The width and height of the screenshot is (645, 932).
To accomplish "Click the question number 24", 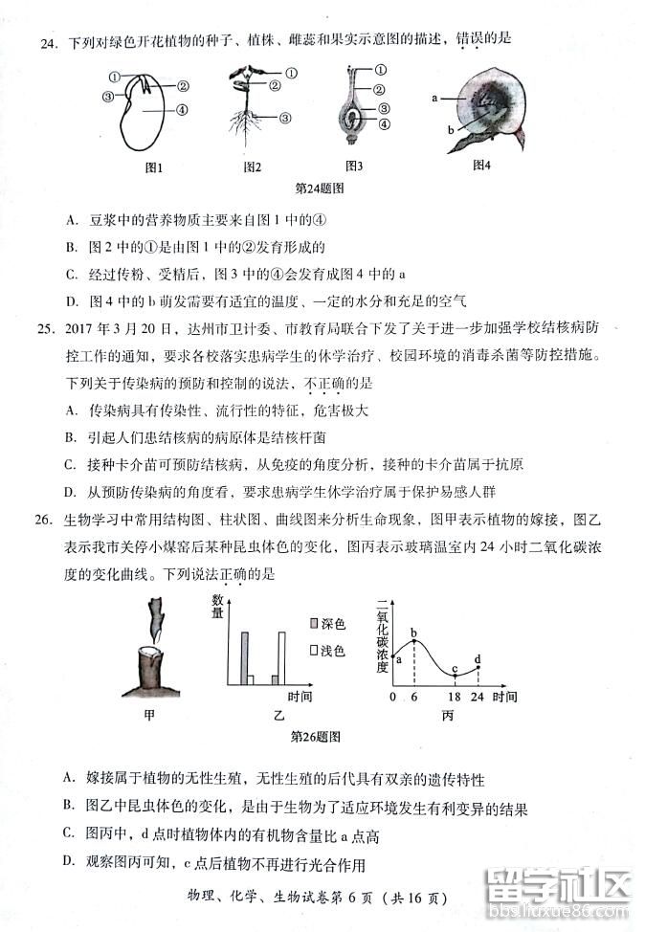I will (x=46, y=39).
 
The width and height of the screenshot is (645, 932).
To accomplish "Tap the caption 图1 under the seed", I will (x=153, y=166).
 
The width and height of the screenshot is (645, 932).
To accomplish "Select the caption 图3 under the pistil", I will (x=353, y=166).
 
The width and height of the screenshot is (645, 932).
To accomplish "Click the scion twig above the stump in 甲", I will (x=156, y=622).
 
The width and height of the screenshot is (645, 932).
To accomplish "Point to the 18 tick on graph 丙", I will (x=455, y=698).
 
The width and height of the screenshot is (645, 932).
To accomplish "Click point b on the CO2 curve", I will (x=413, y=633).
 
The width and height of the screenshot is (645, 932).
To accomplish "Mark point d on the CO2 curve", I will (x=477, y=659).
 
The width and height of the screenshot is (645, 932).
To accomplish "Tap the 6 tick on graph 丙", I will (x=413, y=698).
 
